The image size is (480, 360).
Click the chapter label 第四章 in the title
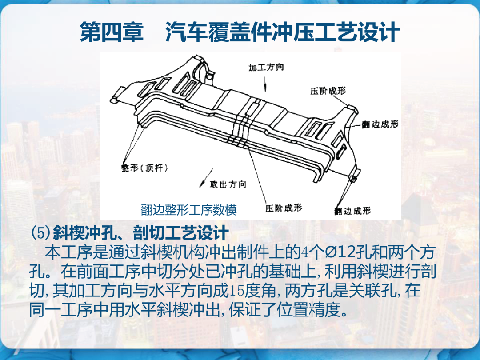[x=112, y=32]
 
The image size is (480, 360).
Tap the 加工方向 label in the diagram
[x=266, y=68]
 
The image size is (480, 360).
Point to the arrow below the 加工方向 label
[x=265, y=84]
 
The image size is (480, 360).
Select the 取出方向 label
[x=228, y=184]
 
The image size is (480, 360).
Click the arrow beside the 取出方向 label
[x=206, y=178]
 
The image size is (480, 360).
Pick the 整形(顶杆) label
[x=144, y=168]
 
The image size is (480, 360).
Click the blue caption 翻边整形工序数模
[x=189, y=210]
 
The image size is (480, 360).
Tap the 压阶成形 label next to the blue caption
[x=284, y=208]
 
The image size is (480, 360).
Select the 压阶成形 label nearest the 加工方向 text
[x=328, y=91]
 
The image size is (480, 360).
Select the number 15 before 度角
[x=237, y=291]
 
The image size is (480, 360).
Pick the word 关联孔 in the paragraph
[x=376, y=291]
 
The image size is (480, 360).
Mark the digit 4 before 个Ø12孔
[x=304, y=252]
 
